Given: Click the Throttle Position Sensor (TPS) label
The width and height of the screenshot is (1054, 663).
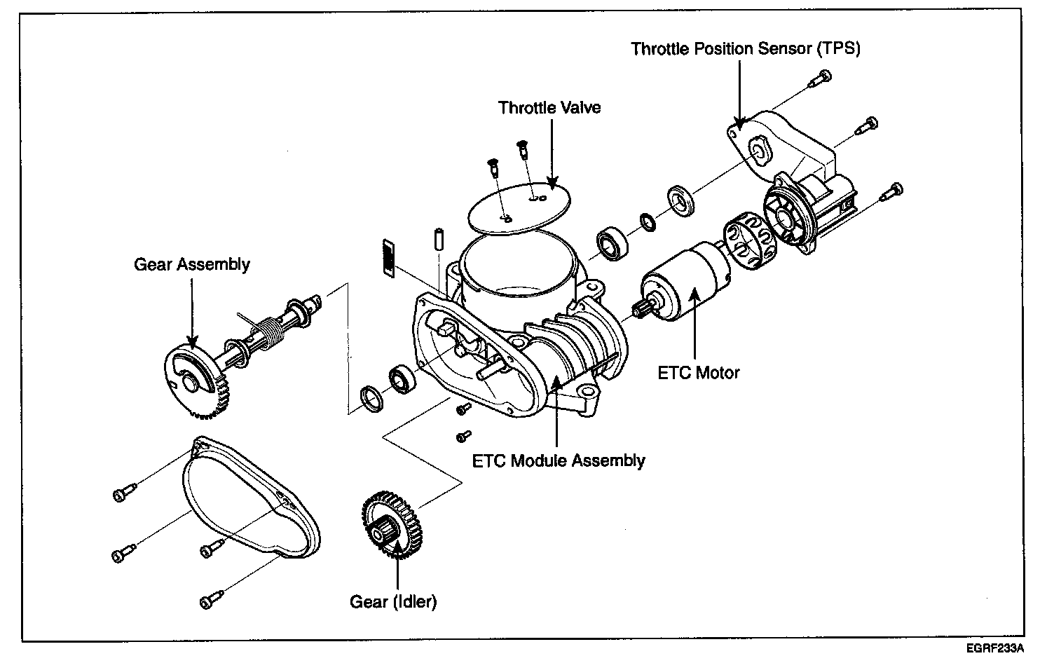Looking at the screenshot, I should coord(746,48).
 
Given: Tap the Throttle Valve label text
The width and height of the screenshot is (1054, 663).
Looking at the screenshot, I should coord(549,108).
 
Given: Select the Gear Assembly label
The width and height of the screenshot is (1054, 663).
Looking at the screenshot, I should coord(192,264).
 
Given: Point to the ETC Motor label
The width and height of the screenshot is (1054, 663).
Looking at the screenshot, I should coord(698,372).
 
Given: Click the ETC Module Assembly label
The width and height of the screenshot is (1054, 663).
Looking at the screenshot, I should coord(558,460).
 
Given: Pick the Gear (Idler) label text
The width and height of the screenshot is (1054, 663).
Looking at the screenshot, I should coord(393,601).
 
